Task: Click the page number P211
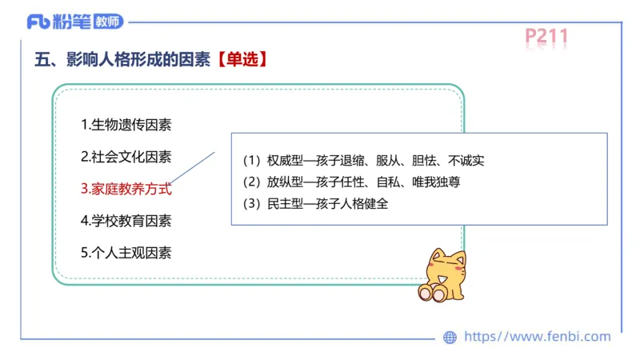(x=546, y=36)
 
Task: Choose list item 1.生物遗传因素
(x=126, y=125)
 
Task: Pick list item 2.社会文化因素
(x=126, y=157)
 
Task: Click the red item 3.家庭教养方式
(x=126, y=189)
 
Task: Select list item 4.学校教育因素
(x=126, y=220)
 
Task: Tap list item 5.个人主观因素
(x=126, y=252)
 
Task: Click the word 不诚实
(x=466, y=160)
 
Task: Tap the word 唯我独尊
(x=436, y=182)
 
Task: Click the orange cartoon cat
(x=442, y=274)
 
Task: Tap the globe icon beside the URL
(x=450, y=338)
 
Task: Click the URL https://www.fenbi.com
(x=537, y=337)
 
